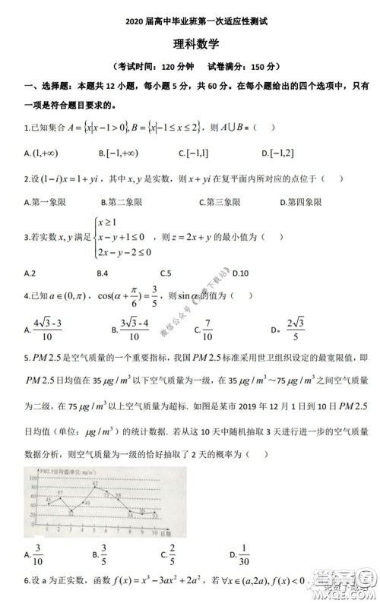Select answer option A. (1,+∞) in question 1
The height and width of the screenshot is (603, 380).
pos(42,153)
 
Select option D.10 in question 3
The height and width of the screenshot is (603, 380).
pos(241,273)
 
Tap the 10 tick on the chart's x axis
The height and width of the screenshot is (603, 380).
pos(156,532)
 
